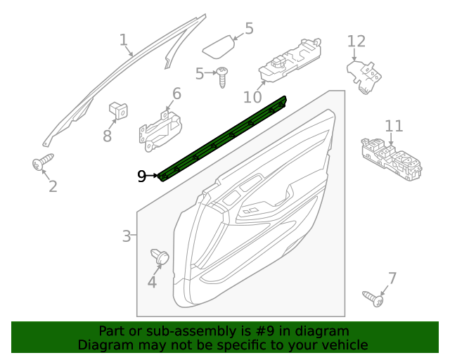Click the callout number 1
tap(124, 39)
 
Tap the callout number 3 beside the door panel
tap(127, 236)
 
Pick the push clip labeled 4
tap(160, 257)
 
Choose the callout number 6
tap(176, 94)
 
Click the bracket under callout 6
tap(162, 129)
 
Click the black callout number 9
tap(141, 176)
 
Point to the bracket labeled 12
tap(364, 75)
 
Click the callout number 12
tap(356, 41)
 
